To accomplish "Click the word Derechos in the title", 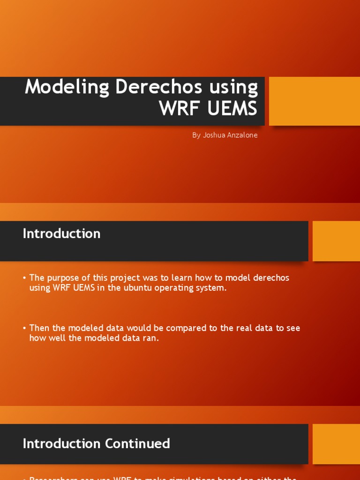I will (x=158, y=87).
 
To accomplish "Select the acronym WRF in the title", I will (x=176, y=108).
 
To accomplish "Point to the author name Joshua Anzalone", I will (x=230, y=135).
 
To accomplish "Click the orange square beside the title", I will (x=315, y=101).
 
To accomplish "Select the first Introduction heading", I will (x=61, y=233).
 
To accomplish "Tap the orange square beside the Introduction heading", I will (x=336, y=241).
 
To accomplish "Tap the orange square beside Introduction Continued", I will (x=336, y=444).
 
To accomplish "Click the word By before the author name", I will (x=196, y=135).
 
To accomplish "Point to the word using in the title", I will (x=233, y=87).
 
